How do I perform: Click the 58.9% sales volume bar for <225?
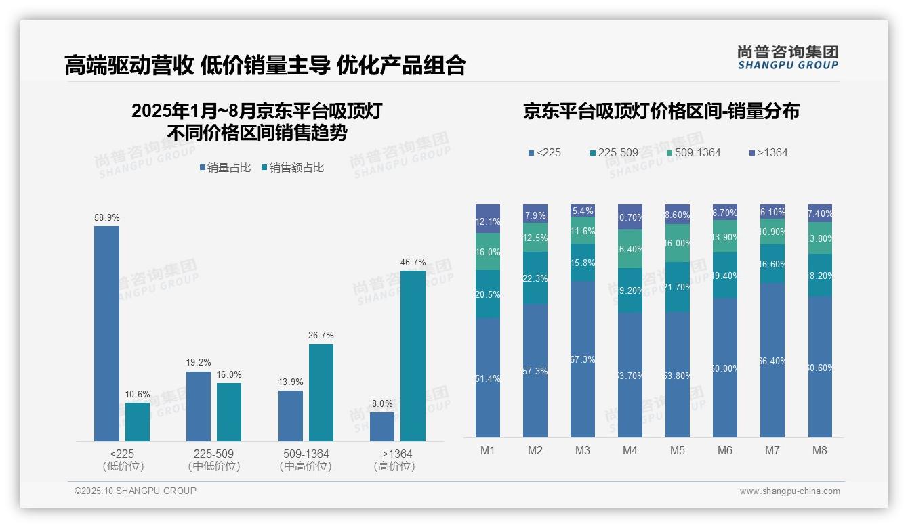tap(106, 333)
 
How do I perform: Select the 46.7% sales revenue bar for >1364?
tap(413, 356)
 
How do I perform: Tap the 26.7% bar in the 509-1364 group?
tap(321, 393)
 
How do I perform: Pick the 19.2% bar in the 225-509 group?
tap(199, 406)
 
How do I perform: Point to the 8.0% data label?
tap(382, 404)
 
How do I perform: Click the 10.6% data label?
tap(138, 395)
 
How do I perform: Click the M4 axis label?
tap(630, 451)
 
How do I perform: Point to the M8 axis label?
tap(820, 451)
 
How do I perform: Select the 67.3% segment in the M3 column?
tap(583, 359)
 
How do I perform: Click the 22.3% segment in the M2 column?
tap(535, 278)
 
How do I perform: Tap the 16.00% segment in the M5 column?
tap(678, 243)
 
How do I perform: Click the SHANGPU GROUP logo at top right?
tap(787, 58)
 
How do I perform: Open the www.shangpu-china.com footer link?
tap(789, 491)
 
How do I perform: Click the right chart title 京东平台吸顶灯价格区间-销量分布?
tap(661, 111)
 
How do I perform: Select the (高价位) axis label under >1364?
tap(394, 466)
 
